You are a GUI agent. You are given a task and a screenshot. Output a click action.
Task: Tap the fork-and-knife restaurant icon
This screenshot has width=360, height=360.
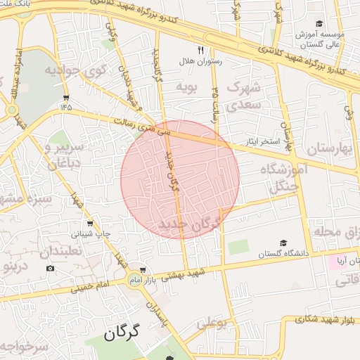pyautogui.click(x=200, y=50)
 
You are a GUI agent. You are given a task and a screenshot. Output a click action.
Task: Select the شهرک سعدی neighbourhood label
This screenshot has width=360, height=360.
pyautogui.click(x=244, y=96)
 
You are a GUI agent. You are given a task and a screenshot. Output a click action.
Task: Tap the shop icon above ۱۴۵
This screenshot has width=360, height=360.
pyautogui.click(x=66, y=97)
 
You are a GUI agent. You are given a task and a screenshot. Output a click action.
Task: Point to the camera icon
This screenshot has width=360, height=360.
pyautogui.click(x=50, y=268)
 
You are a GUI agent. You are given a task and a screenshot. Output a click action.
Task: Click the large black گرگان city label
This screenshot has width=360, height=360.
pyautogui.click(x=122, y=332)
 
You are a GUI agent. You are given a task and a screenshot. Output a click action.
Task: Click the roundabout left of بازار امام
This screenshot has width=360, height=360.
pyautogui.click(x=134, y=281)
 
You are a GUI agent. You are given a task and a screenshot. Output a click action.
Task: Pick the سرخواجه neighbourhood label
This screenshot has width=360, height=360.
pyautogui.click(x=24, y=347)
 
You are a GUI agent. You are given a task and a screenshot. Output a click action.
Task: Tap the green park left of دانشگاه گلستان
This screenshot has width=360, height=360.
pyautogui.click(x=238, y=247)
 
